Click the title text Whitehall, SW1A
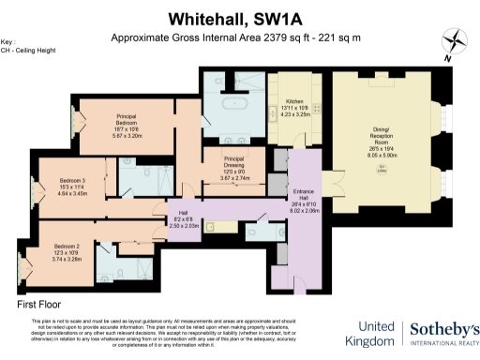pos(240,18)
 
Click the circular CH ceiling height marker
pos(382,168)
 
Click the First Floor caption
pos(40,306)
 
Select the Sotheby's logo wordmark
pos(444,331)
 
